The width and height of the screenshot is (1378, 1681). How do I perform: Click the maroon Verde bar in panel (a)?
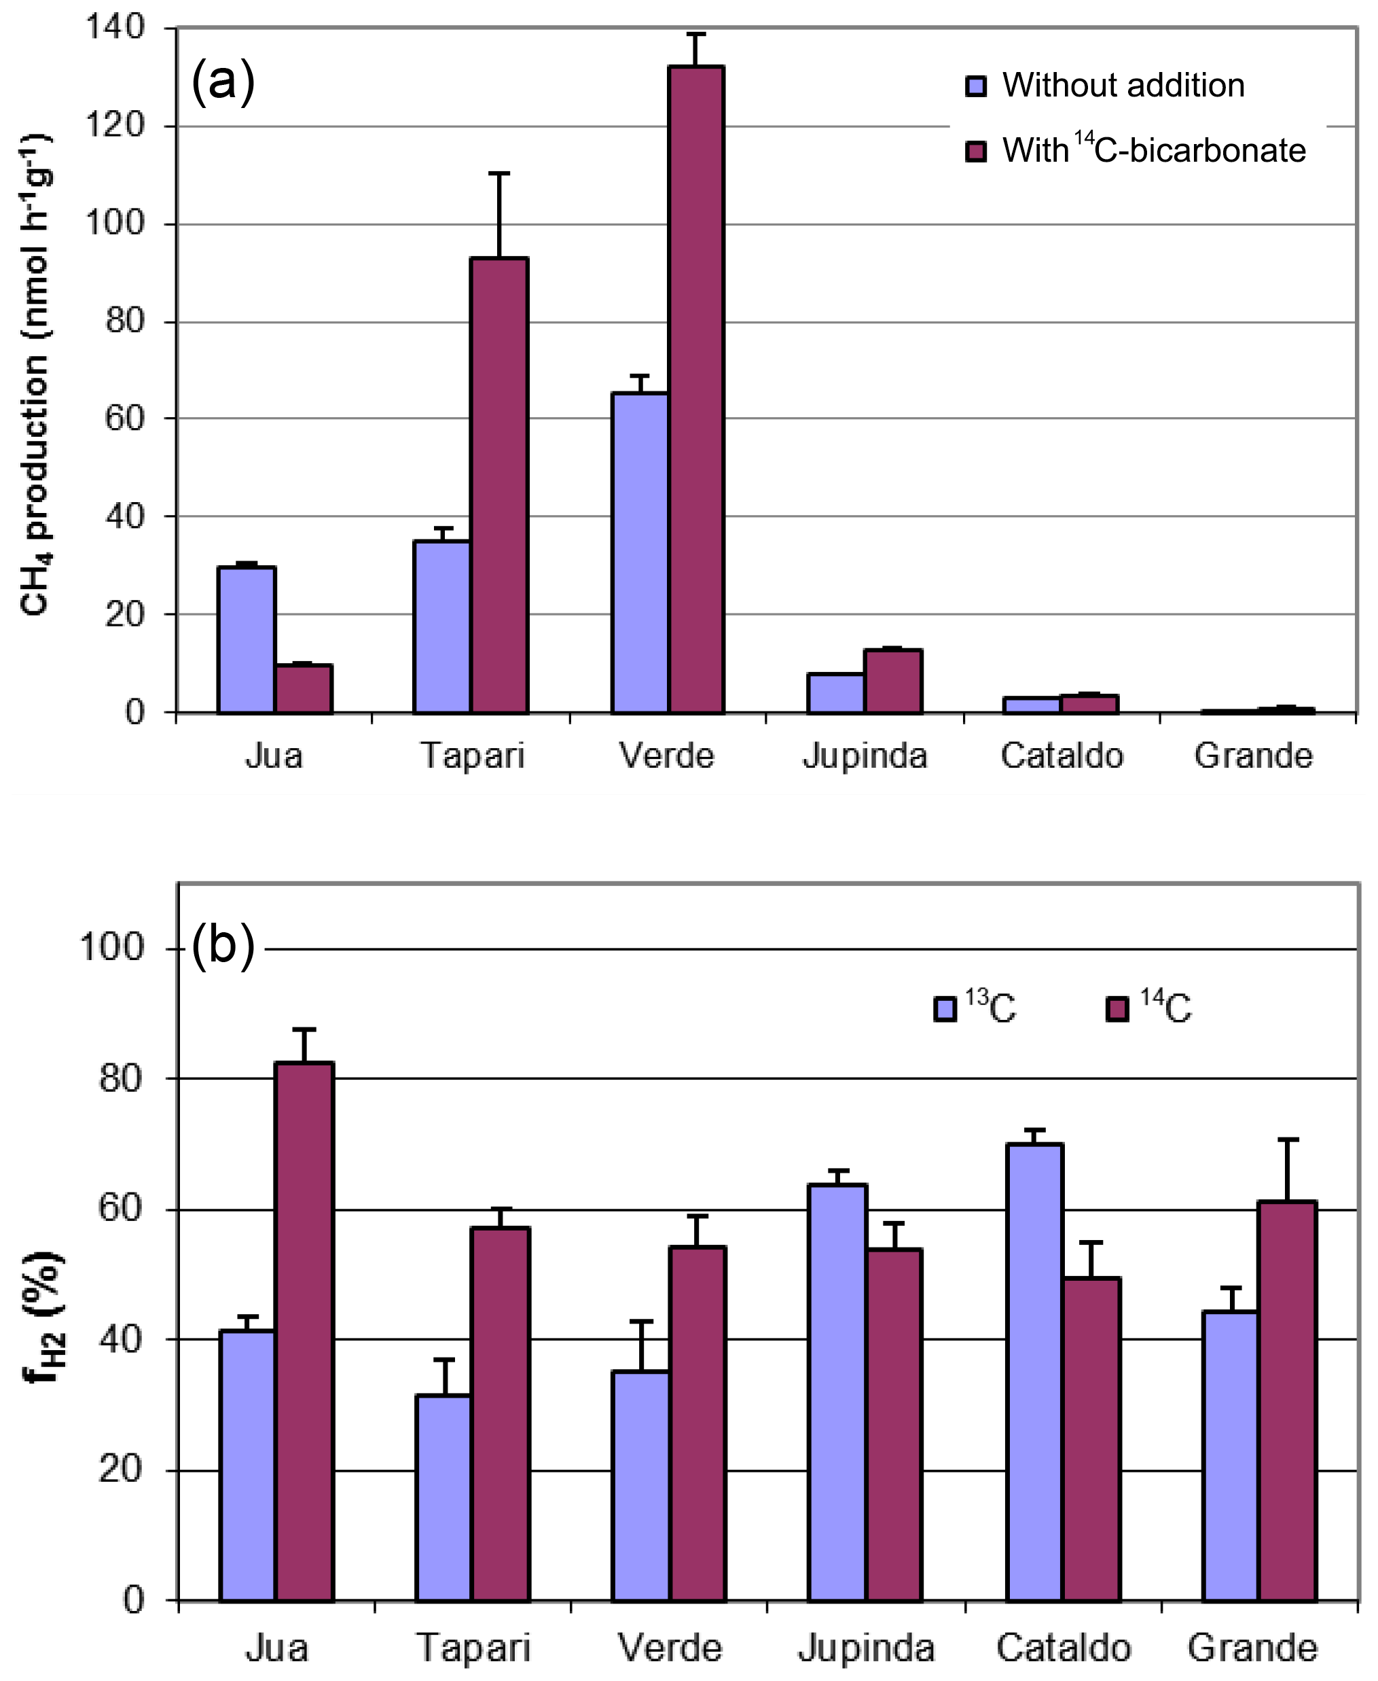[x=696, y=389]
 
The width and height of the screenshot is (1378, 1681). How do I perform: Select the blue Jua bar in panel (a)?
[x=247, y=639]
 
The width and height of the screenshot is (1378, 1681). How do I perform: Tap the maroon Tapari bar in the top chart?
[x=499, y=484]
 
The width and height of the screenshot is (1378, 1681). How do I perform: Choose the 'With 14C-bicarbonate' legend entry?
[x=1135, y=150]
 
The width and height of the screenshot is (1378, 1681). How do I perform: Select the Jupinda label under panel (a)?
[x=865, y=754]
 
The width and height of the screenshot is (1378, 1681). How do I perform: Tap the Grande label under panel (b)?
[x=1252, y=1648]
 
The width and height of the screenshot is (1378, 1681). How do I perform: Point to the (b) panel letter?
[x=223, y=946]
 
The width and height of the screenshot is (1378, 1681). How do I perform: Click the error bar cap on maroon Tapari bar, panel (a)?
[x=499, y=173]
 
